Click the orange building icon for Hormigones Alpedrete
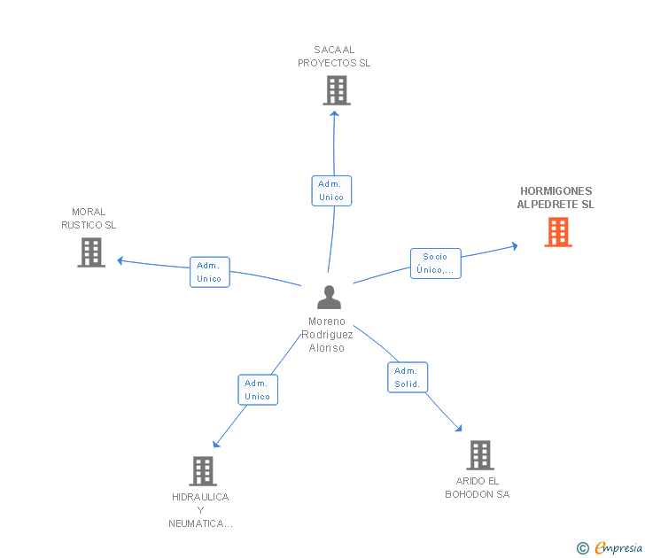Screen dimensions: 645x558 click(x=558, y=232)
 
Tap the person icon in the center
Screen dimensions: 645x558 click(x=329, y=297)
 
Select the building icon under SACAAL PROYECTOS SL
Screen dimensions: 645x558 click(x=337, y=90)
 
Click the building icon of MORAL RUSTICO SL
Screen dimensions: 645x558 click(x=91, y=252)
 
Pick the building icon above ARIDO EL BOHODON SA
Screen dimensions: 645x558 click(x=480, y=455)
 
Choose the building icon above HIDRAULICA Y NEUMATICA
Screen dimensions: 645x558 click(x=203, y=471)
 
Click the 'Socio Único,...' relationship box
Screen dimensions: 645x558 click(x=436, y=264)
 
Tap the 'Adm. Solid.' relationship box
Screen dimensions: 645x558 click(x=408, y=377)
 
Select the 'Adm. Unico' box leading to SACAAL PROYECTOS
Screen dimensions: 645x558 click(x=331, y=190)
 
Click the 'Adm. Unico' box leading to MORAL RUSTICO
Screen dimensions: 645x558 click(x=210, y=272)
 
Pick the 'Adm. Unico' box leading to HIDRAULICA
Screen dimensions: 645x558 click(x=258, y=390)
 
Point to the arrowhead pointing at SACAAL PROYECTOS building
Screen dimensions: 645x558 click(x=334, y=114)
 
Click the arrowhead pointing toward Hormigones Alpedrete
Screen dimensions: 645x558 click(x=515, y=246)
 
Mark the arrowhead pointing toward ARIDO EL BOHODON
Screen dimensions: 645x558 click(x=459, y=429)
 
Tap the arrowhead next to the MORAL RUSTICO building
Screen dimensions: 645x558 click(x=120, y=260)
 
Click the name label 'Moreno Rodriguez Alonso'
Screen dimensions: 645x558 click(x=327, y=334)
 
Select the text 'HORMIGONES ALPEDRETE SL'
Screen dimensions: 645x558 click(x=556, y=198)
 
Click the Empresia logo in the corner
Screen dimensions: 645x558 click(x=618, y=547)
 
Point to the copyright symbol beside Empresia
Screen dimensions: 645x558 click(x=583, y=548)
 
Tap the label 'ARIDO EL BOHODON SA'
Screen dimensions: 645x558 click(x=478, y=488)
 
